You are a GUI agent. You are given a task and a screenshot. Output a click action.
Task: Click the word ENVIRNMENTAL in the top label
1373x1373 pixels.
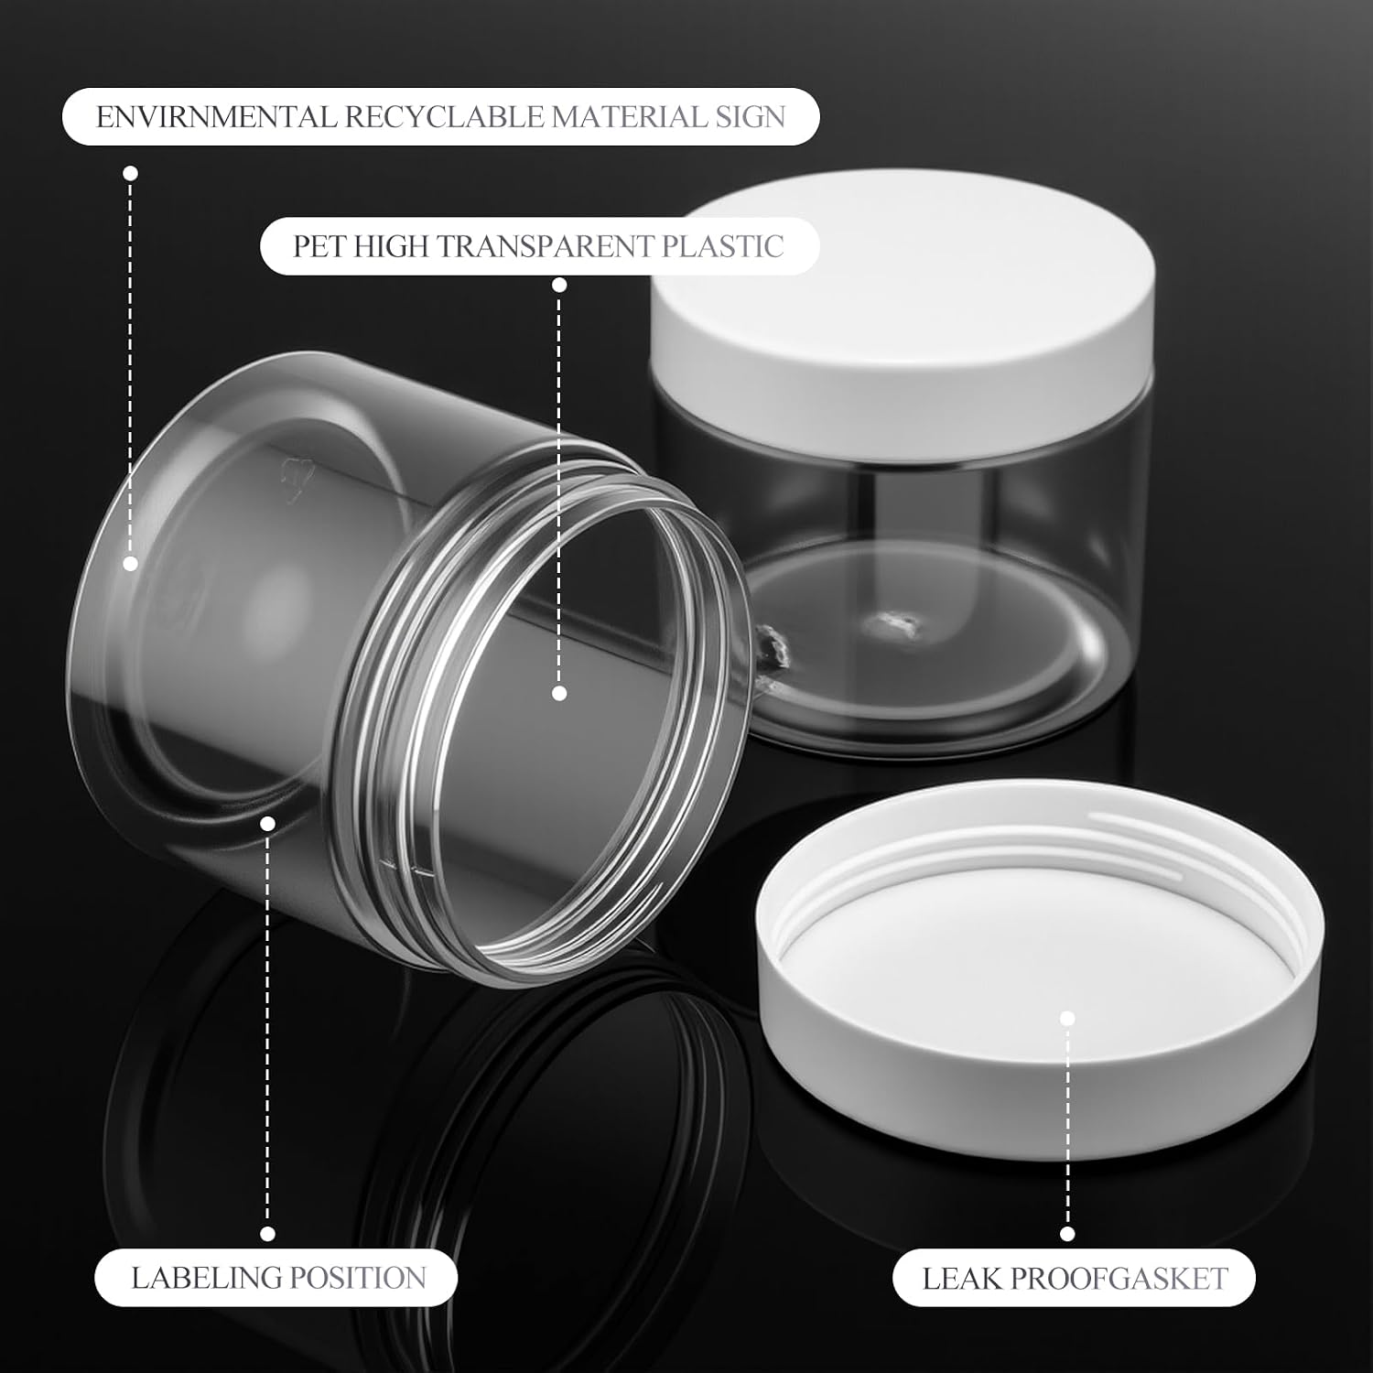[216, 117]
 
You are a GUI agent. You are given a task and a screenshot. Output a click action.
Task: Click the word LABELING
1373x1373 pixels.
[206, 1278]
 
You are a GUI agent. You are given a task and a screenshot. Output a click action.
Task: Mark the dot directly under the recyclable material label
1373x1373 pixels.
[130, 173]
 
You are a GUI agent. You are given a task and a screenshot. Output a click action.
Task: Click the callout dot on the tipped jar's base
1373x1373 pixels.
[130, 564]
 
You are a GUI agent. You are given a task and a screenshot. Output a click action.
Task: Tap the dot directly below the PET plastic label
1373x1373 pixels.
[559, 286]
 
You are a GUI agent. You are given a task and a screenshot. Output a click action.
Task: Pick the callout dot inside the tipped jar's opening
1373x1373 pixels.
[559, 694]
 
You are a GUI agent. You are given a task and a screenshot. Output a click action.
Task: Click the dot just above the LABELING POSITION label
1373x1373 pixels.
[268, 1235]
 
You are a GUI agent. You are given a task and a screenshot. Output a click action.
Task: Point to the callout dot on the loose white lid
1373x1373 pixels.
[1067, 1018]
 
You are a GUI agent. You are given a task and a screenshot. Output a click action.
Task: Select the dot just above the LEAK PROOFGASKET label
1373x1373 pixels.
[1067, 1235]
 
